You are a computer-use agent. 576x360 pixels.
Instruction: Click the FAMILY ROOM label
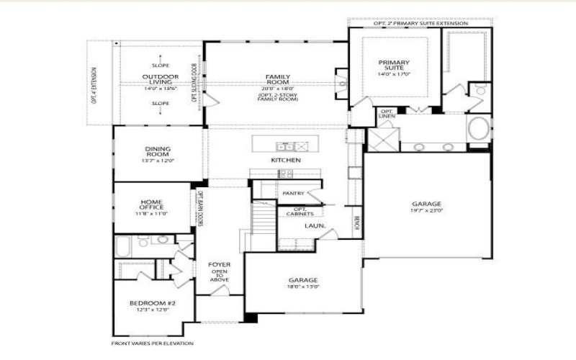277,80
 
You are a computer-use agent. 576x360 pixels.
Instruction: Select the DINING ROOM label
157,152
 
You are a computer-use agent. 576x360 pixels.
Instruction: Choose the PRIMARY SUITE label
394,66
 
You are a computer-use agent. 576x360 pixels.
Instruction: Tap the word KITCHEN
286,160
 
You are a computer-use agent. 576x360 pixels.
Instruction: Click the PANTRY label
293,193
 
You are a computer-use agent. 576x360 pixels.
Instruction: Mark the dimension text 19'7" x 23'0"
426,212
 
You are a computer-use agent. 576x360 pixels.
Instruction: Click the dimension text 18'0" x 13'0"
303,286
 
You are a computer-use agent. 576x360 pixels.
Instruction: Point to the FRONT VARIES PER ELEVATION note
152,343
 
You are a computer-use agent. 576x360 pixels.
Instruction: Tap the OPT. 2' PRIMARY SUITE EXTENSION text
420,24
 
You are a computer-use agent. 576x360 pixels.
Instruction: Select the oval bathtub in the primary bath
477,130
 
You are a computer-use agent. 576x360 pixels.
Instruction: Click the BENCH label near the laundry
356,222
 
